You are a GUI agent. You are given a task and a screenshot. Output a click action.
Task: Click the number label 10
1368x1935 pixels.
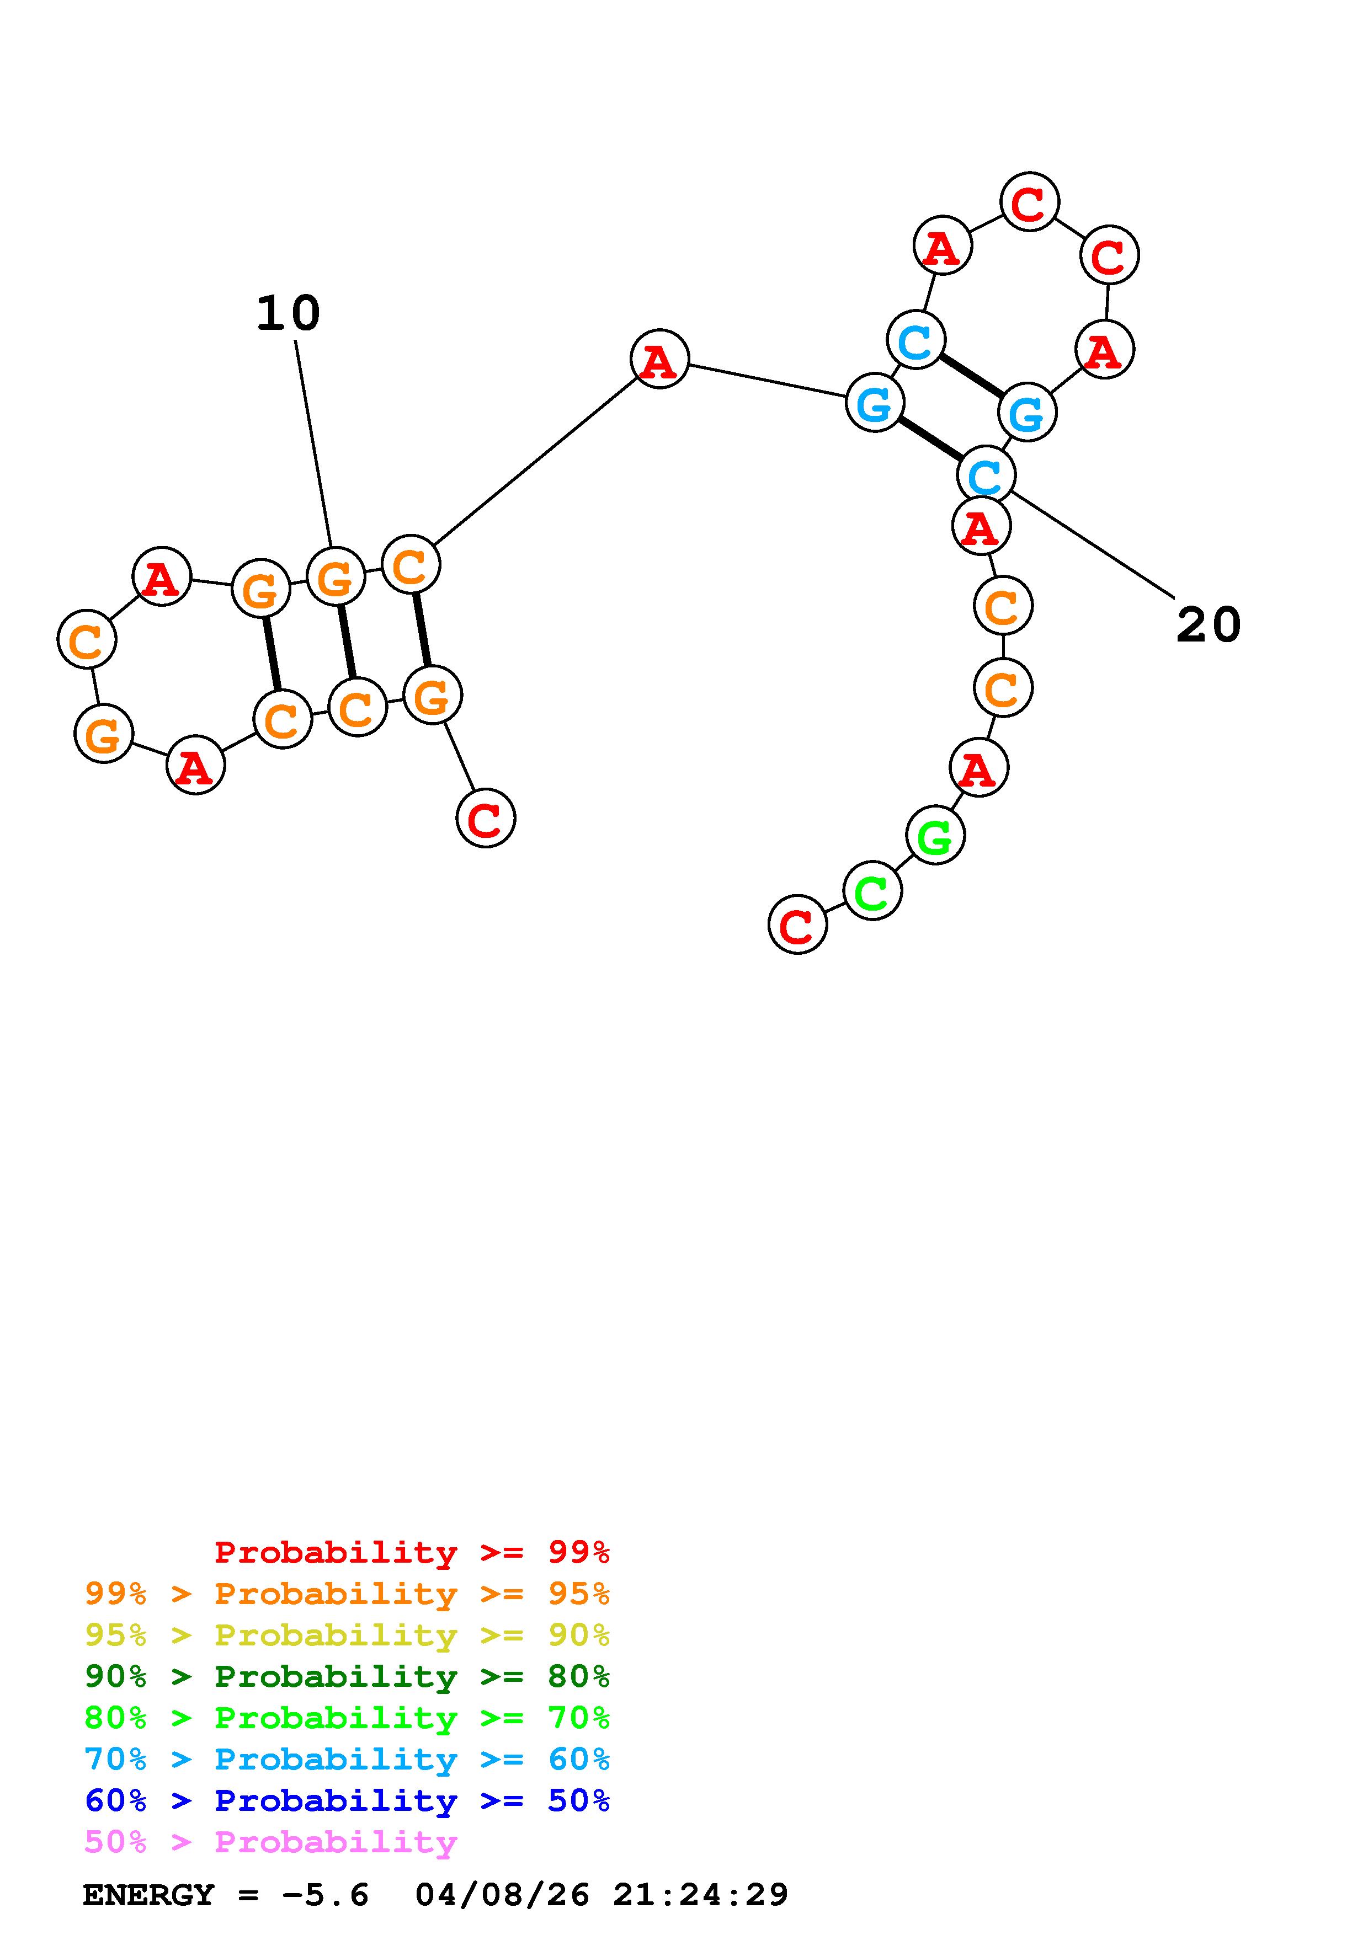(x=288, y=313)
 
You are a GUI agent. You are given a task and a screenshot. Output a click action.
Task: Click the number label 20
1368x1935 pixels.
(x=1208, y=626)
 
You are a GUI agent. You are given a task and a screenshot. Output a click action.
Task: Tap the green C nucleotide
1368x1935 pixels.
(x=872, y=891)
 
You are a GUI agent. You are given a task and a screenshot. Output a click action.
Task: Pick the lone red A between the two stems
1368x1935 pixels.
(x=659, y=360)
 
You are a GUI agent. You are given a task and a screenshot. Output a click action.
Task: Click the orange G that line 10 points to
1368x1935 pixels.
(x=336, y=578)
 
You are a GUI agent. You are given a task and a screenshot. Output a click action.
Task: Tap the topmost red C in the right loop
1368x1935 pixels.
(x=1029, y=202)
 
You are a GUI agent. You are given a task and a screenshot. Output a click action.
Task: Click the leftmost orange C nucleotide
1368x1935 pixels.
(x=87, y=640)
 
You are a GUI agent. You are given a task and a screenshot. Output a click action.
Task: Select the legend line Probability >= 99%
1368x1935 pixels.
(x=412, y=1552)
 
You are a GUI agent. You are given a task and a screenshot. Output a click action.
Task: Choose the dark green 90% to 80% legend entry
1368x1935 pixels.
(x=347, y=1676)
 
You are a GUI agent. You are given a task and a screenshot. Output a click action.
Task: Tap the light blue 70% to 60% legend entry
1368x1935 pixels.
(x=347, y=1759)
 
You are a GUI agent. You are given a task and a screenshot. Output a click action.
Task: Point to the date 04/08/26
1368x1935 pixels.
(x=502, y=1895)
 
